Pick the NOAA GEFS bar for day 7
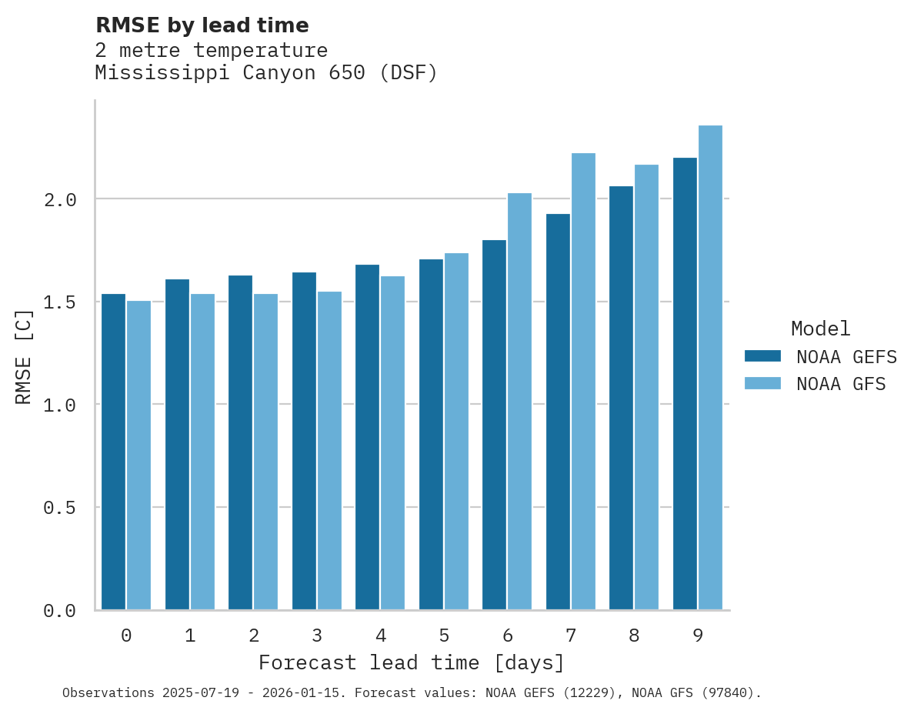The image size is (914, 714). pyautogui.click(x=558, y=412)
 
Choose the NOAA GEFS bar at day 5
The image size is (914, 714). pyautogui.click(x=431, y=434)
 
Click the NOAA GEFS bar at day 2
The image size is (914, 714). pyautogui.click(x=240, y=442)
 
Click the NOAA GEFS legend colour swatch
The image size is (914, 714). pyautogui.click(x=762, y=356)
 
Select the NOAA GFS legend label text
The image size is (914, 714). pyautogui.click(x=841, y=384)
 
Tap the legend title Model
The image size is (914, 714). pyautogui.click(x=820, y=329)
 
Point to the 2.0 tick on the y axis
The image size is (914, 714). pyautogui.click(x=60, y=200)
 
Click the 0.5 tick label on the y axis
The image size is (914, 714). pyautogui.click(x=60, y=508)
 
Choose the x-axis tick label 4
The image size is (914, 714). pyautogui.click(x=380, y=636)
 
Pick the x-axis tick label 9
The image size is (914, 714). pyautogui.click(x=698, y=636)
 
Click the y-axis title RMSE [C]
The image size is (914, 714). pyautogui.click(x=24, y=356)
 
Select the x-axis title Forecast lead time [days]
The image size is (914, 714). pyautogui.click(x=412, y=662)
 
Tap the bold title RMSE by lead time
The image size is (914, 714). pyautogui.click(x=202, y=25)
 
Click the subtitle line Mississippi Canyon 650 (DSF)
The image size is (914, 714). pyautogui.click(x=266, y=73)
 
